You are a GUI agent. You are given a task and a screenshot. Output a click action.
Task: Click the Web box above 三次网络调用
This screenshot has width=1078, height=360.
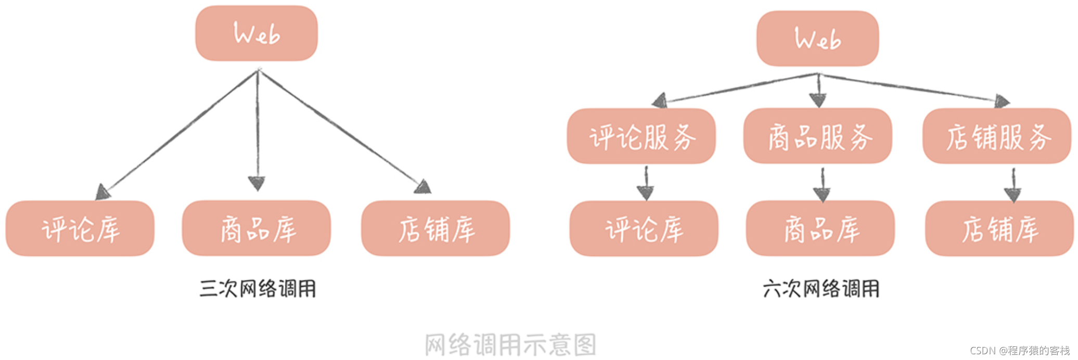[256, 34]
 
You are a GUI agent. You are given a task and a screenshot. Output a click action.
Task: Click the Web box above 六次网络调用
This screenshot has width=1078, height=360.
[817, 39]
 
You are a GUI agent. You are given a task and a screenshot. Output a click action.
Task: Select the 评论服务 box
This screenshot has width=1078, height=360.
[641, 137]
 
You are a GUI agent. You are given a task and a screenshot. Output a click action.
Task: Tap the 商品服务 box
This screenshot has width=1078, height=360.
[817, 137]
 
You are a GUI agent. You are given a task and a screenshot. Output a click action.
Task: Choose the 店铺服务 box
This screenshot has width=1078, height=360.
[996, 137]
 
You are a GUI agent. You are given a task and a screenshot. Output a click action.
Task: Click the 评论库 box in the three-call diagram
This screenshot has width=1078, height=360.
[80, 229]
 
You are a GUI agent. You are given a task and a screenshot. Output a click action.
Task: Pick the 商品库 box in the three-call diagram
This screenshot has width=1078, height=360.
[256, 229]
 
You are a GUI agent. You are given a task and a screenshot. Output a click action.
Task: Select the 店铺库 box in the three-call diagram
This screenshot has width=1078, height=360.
[435, 229]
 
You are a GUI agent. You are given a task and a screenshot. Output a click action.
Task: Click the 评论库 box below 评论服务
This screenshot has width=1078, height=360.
[644, 229]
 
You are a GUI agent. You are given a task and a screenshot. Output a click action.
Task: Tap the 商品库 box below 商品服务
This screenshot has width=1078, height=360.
[820, 229]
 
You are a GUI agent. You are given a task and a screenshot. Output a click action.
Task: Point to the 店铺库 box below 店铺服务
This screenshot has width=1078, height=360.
[999, 229]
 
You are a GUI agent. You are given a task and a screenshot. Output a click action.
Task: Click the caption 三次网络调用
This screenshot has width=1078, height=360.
[258, 289]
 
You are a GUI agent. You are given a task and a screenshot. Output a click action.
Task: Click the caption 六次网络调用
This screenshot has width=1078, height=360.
[820, 289]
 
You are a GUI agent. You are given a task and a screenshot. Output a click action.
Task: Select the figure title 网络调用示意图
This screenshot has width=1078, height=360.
[510, 344]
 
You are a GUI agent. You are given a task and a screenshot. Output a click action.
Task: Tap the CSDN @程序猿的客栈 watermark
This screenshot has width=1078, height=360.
[1019, 351]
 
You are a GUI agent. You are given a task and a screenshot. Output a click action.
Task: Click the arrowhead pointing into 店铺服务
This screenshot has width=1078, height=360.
[1002, 101]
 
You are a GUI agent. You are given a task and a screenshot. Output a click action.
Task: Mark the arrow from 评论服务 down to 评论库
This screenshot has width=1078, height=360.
[646, 183]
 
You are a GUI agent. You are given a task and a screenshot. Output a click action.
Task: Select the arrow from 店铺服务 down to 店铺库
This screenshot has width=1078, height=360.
[1012, 185]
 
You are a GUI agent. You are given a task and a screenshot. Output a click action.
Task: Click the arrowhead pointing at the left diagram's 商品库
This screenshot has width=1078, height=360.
[256, 183]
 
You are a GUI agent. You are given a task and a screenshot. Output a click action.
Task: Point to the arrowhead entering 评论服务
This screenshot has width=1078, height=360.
[660, 100]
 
